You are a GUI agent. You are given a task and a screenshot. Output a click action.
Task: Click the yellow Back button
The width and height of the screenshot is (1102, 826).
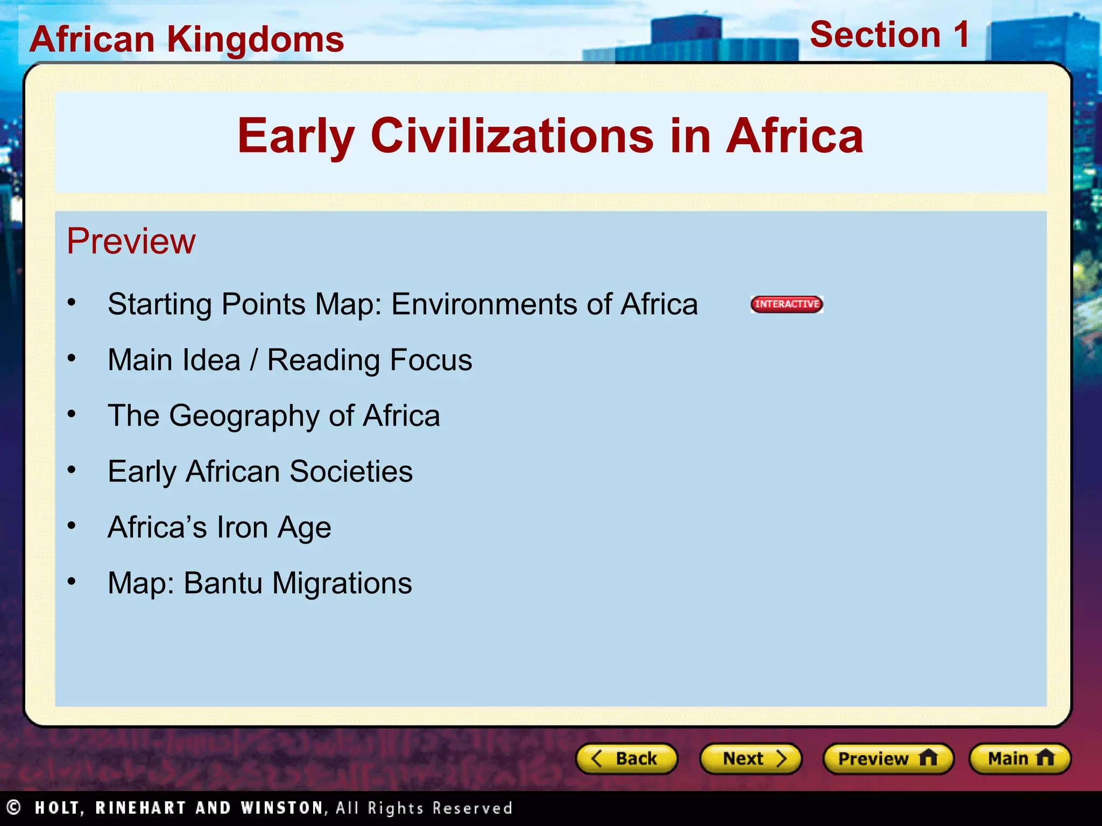pos(626,758)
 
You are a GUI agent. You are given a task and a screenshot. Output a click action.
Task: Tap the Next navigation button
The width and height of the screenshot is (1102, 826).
pos(751,758)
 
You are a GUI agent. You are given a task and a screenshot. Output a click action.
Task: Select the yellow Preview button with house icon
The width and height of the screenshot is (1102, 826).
pos(888,758)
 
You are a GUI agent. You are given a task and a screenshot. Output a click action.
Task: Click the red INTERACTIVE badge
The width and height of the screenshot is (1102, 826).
pos(787,304)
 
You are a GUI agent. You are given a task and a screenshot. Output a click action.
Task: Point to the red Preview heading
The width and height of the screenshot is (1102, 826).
pos(131,241)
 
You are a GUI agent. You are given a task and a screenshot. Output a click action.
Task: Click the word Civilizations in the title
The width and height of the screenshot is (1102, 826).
pos(512,136)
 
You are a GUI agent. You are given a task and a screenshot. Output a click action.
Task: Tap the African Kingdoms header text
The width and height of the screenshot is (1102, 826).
pos(187,39)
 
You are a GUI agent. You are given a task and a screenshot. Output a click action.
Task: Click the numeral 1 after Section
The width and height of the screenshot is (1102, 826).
pos(960,35)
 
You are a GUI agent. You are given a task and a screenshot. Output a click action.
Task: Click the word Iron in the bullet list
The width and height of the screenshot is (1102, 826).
pos(242,527)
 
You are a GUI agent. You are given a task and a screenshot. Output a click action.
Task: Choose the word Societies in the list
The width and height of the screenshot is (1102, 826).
pos(351,472)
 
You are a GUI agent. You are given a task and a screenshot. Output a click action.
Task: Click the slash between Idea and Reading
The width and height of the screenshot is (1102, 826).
pos(253,360)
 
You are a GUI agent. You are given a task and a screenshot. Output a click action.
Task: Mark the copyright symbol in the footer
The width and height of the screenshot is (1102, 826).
pos(13,807)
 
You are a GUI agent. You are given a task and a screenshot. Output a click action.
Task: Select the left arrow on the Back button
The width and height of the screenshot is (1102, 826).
pos(596,758)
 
